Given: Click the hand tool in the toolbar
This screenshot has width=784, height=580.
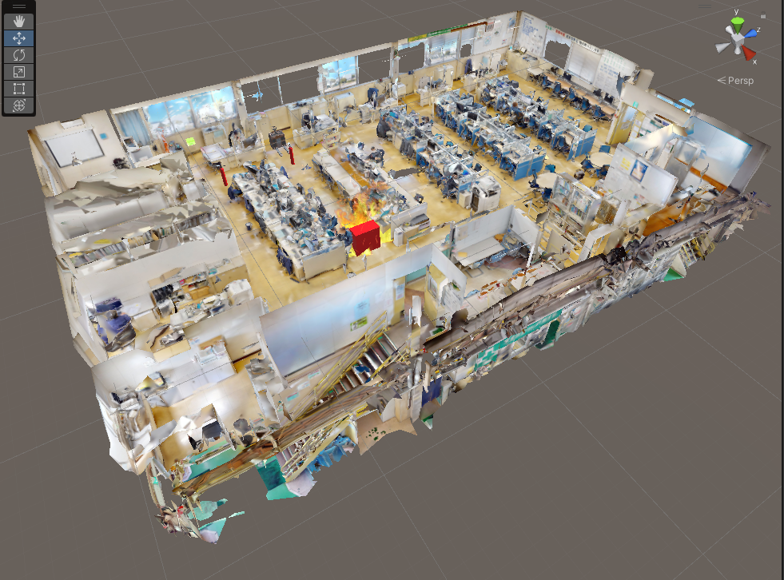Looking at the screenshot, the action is [19, 22].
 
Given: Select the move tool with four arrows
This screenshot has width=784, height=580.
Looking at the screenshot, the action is [19, 38].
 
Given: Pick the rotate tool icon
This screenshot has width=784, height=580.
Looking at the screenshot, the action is [19, 55].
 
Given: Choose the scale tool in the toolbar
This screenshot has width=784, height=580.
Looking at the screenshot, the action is [19, 72].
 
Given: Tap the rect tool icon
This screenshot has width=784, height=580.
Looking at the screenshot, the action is [19, 89].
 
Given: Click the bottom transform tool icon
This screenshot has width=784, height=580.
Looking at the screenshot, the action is [19, 105].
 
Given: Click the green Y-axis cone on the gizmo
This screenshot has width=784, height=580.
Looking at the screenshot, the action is [738, 25].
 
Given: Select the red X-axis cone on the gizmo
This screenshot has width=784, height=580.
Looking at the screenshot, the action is [749, 53].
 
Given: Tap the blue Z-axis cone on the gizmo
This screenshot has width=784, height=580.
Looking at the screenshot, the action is [751, 34].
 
